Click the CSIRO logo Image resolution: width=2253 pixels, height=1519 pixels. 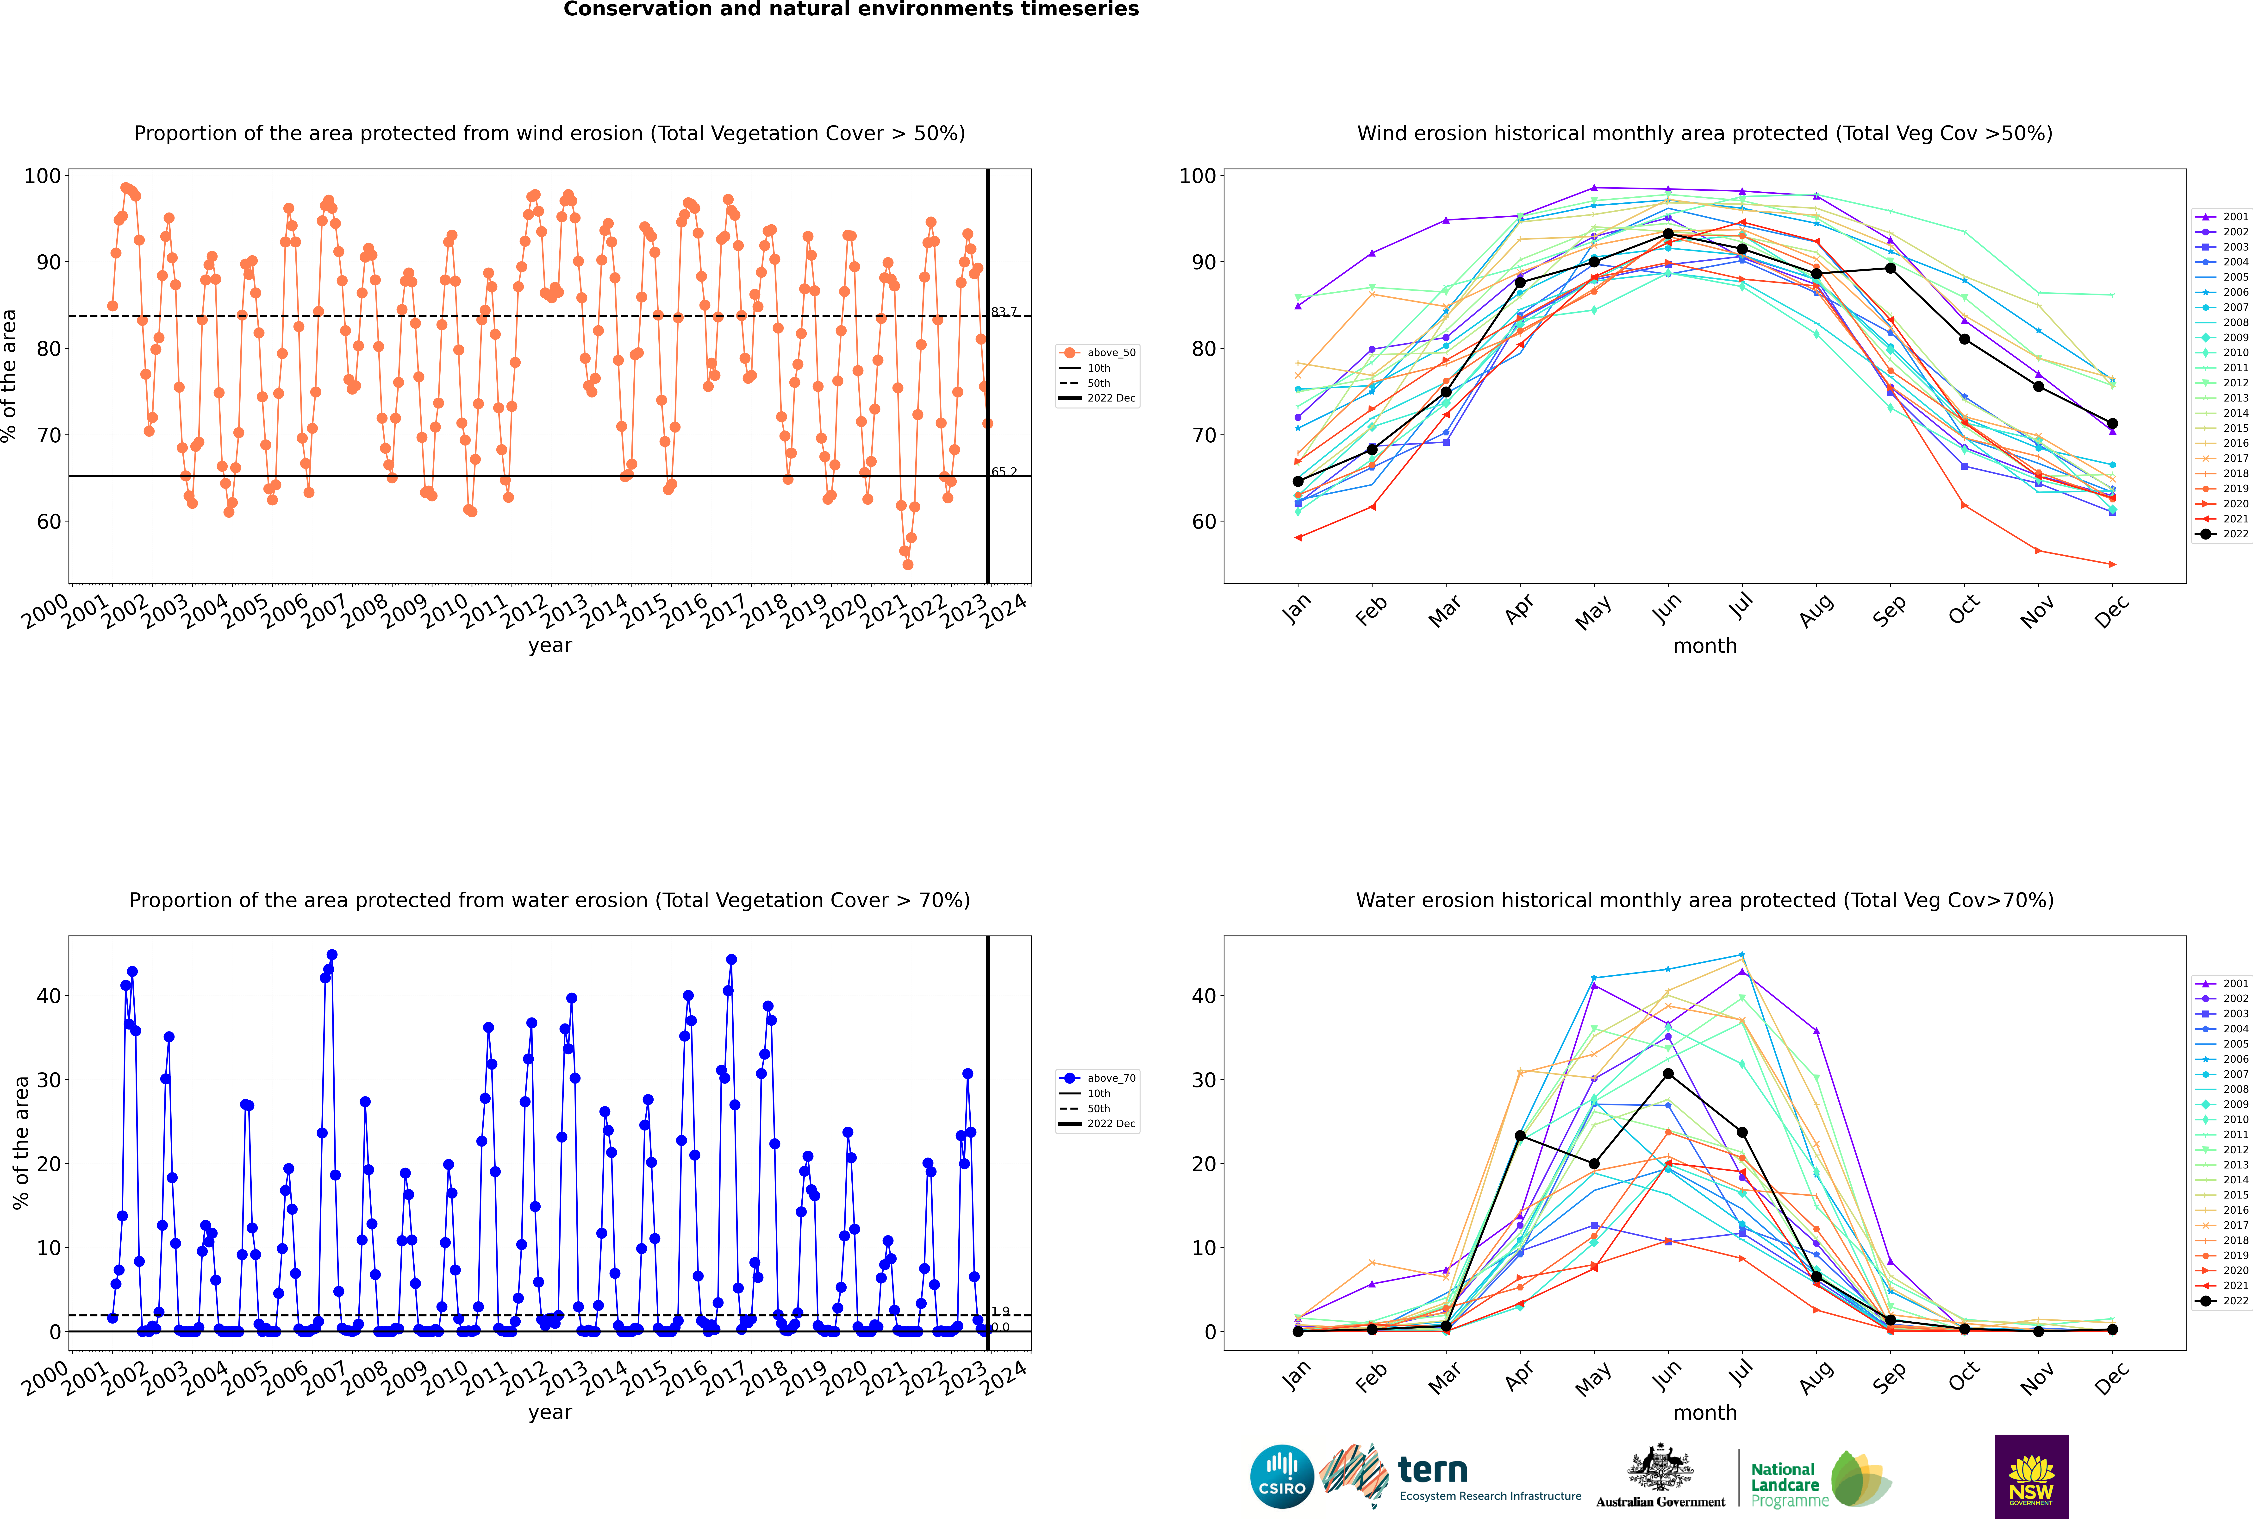[1281, 1476]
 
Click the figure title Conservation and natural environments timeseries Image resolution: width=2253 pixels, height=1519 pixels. [850, 10]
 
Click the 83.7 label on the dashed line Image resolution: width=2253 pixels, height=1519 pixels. [1004, 312]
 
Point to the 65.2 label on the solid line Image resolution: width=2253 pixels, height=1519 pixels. [1004, 472]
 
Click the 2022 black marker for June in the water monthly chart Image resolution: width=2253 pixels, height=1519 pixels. [1668, 1073]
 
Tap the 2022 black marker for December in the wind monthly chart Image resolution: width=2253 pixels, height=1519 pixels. [2113, 423]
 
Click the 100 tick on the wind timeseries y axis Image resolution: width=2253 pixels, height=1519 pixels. [43, 176]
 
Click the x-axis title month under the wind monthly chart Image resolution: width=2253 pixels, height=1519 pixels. [1705, 646]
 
